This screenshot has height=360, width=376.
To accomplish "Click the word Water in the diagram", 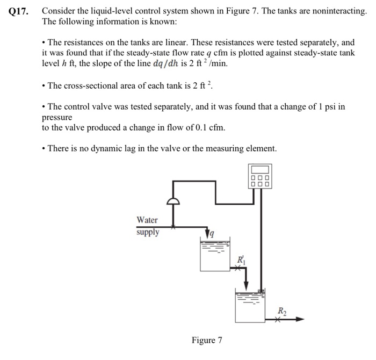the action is [x=147, y=220].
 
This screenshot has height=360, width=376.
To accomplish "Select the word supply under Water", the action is [x=147, y=233].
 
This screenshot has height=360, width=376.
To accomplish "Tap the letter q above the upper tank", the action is [x=213, y=233].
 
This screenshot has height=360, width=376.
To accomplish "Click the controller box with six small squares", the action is [x=262, y=176].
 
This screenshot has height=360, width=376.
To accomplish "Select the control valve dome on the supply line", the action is [x=173, y=202].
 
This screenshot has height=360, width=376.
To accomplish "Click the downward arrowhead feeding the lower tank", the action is [x=246, y=284].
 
